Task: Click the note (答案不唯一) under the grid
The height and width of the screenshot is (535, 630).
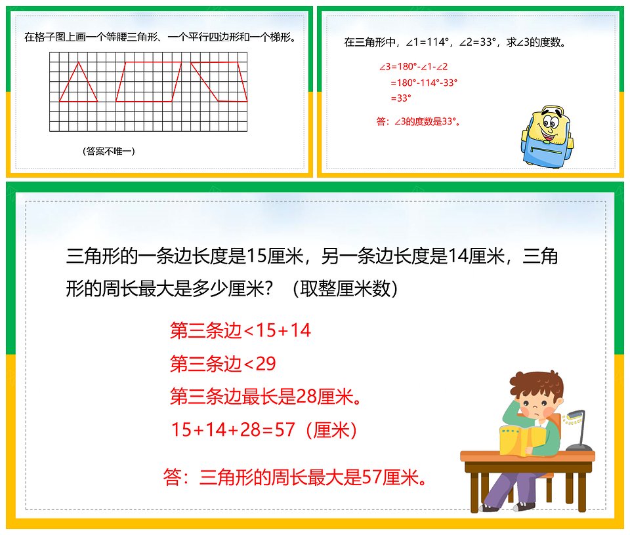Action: [108, 151]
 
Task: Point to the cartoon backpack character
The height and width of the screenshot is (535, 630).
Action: [547, 137]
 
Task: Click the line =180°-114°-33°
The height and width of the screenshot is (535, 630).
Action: [424, 83]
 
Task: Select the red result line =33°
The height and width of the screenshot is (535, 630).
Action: [401, 98]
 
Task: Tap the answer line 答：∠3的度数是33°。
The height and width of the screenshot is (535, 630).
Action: [419, 121]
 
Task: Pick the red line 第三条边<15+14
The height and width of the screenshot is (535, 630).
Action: [240, 330]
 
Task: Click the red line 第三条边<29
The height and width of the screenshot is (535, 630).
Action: [223, 364]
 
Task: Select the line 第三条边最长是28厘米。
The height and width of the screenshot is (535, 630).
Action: [266, 397]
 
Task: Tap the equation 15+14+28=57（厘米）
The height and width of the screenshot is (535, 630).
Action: [264, 429]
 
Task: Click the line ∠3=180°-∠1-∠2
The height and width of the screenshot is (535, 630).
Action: [413, 67]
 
